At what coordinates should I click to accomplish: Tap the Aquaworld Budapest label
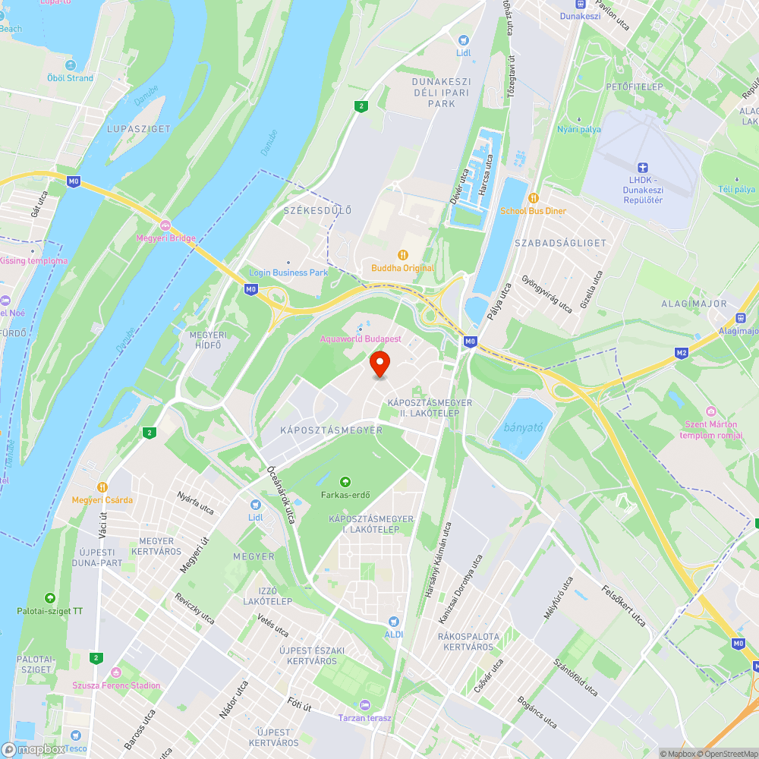point(361,339)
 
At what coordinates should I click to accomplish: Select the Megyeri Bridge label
point(165,238)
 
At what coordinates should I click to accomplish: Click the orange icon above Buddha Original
point(403,255)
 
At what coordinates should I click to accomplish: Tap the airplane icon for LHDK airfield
point(642,168)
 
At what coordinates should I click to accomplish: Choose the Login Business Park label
point(288,272)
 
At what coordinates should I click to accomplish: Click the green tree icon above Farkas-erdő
point(345,481)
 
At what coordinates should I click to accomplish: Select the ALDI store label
point(393,634)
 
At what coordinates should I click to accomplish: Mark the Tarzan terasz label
point(365,717)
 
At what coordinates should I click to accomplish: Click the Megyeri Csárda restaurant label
point(102,499)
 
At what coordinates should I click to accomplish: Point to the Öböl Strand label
point(69,77)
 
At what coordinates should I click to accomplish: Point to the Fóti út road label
point(301,704)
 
